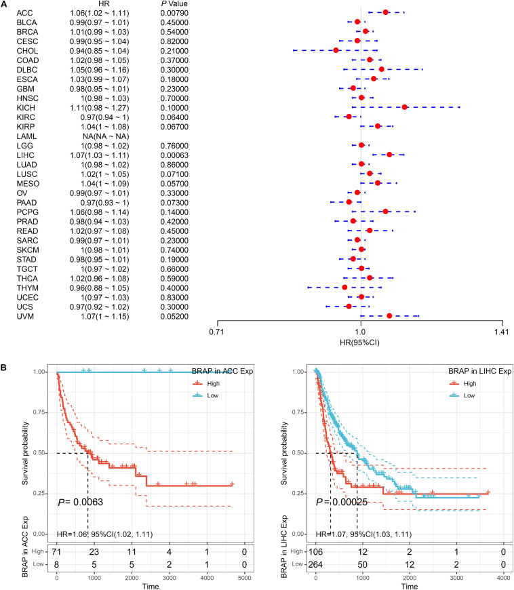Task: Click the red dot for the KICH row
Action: coord(405,107)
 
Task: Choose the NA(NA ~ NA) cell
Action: coord(102,136)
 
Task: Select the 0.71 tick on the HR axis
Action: coord(216,332)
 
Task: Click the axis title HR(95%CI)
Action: coord(360,345)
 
